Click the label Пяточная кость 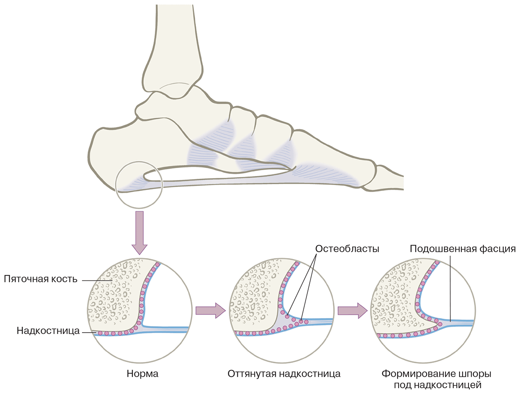click(40, 278)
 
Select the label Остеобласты click(347, 249)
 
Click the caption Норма click(143, 374)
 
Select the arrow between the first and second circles click(210, 310)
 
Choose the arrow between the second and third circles click(353, 310)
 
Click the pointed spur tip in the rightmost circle click(440, 322)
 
